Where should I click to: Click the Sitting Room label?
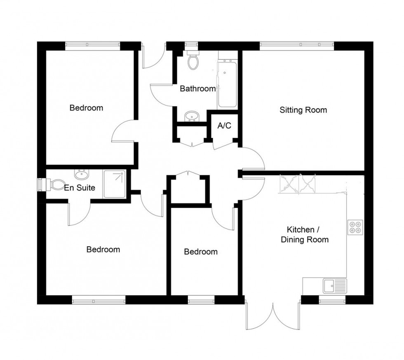303,110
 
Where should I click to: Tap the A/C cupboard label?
224,126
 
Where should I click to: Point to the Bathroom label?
198,89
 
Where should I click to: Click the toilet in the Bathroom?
193,60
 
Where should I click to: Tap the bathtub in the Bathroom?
226,84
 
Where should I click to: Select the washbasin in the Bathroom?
190,117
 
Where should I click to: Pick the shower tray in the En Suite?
115,184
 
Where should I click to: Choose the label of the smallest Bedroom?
201,252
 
